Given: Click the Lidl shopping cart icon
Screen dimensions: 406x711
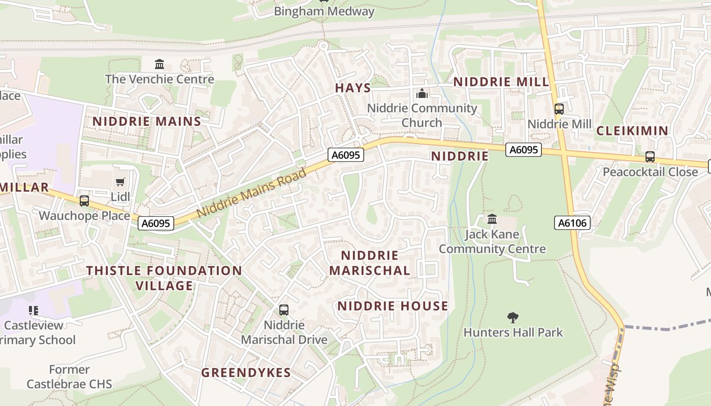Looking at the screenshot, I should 120,182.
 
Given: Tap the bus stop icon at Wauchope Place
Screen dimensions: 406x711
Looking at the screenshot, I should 84,201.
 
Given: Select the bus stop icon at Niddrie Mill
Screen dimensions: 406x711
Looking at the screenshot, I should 559,109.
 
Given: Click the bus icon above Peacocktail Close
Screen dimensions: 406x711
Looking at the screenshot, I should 650,157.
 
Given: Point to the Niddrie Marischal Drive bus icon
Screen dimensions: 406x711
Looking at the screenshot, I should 284,310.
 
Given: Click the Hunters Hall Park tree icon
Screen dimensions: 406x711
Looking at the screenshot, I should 513,318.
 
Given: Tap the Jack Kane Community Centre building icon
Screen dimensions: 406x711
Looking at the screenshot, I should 492,219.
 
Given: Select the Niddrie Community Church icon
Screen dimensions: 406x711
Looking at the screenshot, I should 422,93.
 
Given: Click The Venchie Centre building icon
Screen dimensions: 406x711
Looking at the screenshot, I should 159,64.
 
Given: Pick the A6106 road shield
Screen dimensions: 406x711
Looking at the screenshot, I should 572,223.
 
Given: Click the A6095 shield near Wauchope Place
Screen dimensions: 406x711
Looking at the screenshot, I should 156,223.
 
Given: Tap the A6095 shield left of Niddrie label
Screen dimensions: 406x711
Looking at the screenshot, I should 346,155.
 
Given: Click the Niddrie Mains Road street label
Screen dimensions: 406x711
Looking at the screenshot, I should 251,193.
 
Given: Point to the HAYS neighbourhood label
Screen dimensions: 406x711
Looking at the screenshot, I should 353,88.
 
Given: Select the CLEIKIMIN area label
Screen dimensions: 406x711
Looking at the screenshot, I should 632,130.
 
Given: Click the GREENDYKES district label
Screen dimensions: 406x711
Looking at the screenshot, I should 246,373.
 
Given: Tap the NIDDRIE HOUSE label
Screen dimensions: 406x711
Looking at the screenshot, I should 393,306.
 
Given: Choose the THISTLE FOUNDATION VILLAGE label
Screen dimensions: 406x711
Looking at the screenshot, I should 164,278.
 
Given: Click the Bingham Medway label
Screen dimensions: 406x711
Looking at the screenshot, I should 324,11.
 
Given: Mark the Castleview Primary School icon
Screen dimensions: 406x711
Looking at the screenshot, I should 34,310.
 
